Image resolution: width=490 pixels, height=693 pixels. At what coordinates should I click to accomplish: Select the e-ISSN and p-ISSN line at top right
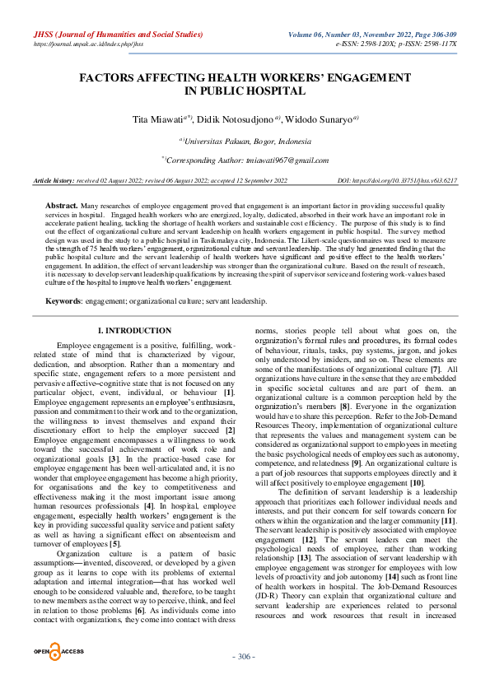(408, 44)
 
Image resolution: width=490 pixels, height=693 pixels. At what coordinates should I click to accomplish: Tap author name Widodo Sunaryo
(318, 119)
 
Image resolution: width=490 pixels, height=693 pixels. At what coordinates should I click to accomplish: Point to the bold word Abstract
(61, 202)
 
